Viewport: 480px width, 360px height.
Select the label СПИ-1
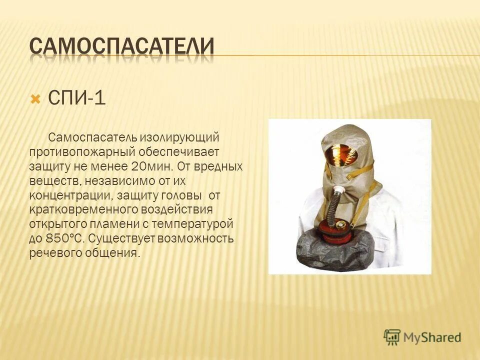pos(76,97)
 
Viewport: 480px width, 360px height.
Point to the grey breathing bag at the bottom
pos(335,252)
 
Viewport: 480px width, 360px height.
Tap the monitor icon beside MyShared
pos(392,336)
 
